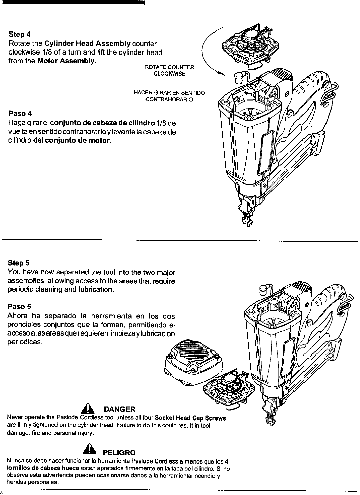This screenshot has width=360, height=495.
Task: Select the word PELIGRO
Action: [119, 453]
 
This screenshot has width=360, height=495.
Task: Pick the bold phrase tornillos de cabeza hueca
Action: [43, 468]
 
